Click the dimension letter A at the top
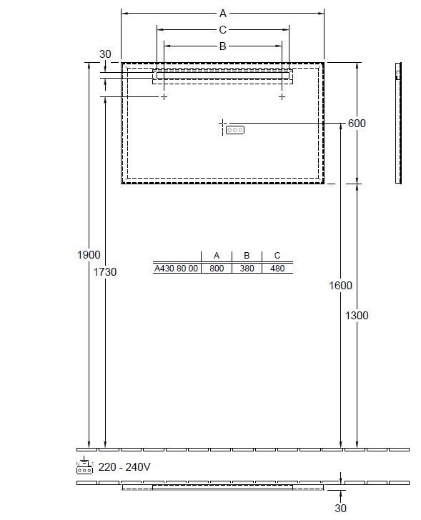[x=222, y=14]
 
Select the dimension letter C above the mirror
[x=222, y=30]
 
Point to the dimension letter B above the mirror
[x=222, y=46]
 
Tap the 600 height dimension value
[x=357, y=124]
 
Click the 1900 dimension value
[x=89, y=255]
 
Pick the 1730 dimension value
[x=105, y=272]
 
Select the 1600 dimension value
[x=340, y=285]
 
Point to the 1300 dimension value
[x=357, y=315]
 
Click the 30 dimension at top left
[x=105, y=54]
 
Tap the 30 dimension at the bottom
[x=340, y=508]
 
